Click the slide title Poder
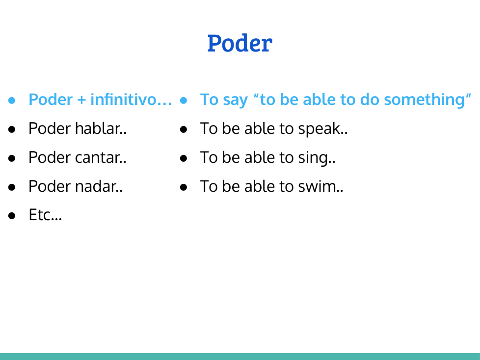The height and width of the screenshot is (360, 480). point(240,43)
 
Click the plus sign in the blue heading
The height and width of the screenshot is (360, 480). point(81,100)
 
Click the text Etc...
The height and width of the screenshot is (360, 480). point(45,215)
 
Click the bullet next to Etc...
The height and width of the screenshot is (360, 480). point(12,216)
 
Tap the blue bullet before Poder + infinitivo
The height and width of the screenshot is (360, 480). point(12,101)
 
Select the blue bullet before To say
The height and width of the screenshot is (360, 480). point(184,101)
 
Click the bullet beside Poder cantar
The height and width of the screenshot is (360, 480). point(12,158)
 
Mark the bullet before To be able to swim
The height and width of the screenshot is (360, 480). point(184,187)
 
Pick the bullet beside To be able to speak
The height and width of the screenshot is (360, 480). point(184,129)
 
